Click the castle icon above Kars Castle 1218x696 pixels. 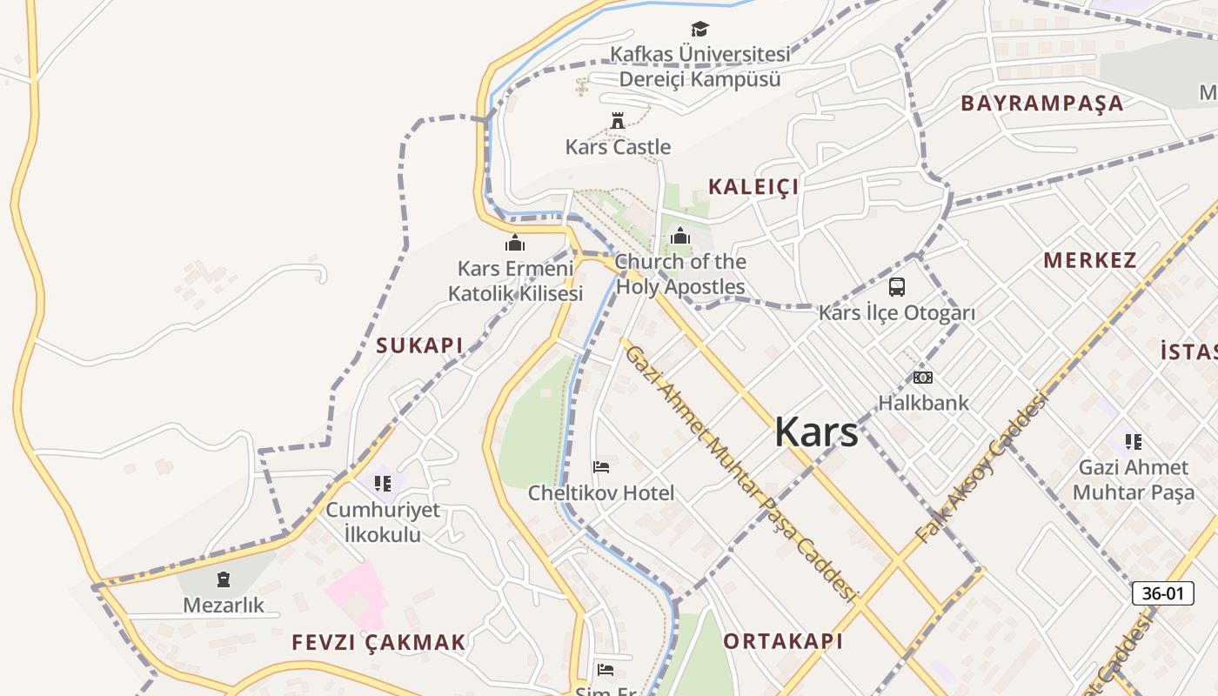(x=618, y=121)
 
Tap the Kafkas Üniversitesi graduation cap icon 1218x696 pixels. (x=699, y=30)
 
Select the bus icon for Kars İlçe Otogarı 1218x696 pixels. (x=897, y=286)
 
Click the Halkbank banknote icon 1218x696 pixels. (x=922, y=378)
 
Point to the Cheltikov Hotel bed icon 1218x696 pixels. (x=601, y=467)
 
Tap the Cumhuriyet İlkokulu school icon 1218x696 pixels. (x=383, y=483)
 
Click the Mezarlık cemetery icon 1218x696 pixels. (x=224, y=579)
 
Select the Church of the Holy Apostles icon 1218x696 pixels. (x=680, y=236)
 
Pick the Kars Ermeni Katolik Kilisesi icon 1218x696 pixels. (x=515, y=243)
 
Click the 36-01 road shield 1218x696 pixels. (x=1162, y=593)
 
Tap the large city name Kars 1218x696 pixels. (x=816, y=432)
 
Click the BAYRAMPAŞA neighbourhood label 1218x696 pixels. (x=1042, y=104)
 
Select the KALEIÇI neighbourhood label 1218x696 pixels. (x=753, y=186)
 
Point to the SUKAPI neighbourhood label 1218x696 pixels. (x=419, y=345)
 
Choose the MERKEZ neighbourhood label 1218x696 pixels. (x=1089, y=260)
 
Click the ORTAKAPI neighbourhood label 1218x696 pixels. (x=783, y=641)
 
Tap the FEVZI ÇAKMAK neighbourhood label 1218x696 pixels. (x=378, y=643)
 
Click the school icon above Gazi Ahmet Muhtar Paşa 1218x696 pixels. (x=1133, y=442)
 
